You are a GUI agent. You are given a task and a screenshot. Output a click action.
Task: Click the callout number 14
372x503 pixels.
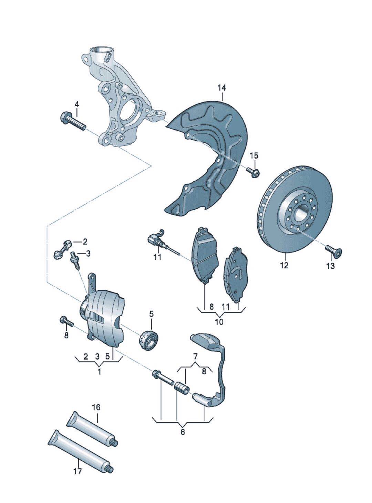pyautogui.click(x=222, y=88)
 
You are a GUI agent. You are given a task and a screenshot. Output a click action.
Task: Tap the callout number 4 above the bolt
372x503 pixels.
pyautogui.click(x=76, y=104)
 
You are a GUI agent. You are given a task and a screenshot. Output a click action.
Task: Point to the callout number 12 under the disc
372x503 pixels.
pyautogui.click(x=284, y=265)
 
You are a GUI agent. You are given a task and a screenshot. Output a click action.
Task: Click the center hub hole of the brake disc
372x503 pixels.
pyautogui.click(x=299, y=212)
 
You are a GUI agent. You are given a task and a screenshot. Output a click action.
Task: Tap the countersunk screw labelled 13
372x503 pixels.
pyautogui.click(x=332, y=251)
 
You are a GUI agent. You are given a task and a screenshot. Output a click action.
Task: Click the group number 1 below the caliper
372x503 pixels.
pyautogui.click(x=99, y=372)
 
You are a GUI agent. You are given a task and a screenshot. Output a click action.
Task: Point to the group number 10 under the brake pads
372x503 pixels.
pyautogui.click(x=219, y=322)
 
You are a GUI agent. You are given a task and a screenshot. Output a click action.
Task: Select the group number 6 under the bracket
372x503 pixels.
pyautogui.click(x=183, y=432)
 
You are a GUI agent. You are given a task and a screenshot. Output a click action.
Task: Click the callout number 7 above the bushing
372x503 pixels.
pyautogui.click(x=195, y=355)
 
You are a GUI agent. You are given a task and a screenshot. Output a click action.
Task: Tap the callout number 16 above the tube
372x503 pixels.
pyautogui.click(x=96, y=408)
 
